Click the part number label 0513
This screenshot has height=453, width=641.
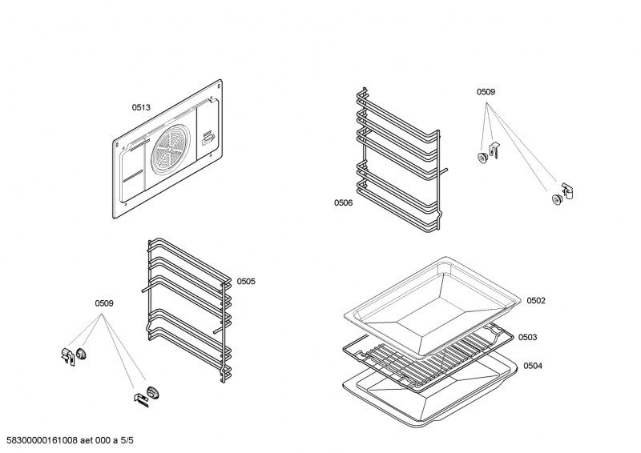click(142, 106)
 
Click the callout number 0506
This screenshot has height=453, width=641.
click(344, 203)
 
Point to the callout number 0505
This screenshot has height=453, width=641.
click(245, 281)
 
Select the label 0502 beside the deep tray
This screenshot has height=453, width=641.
click(535, 300)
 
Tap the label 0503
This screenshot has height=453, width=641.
click(527, 338)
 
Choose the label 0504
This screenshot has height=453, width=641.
click(533, 366)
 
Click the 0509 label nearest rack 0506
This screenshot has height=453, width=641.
click(486, 92)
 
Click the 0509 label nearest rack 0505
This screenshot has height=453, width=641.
click(104, 303)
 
